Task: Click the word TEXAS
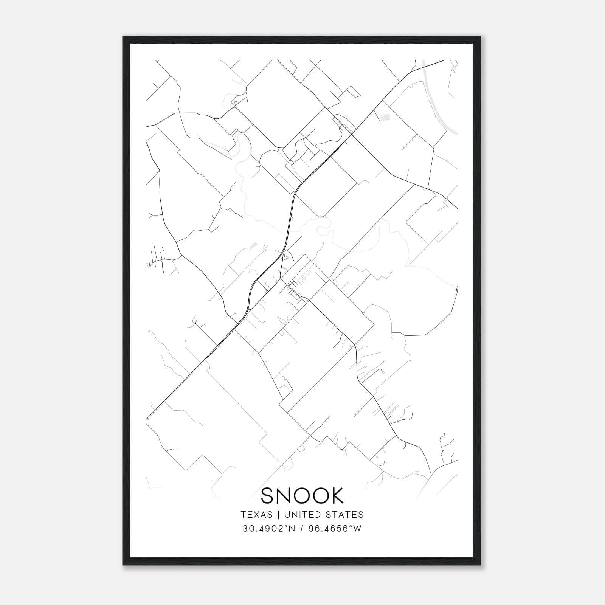pyautogui.click(x=256, y=515)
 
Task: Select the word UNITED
pyautogui.click(x=300, y=515)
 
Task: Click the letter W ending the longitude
pyautogui.click(x=357, y=529)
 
